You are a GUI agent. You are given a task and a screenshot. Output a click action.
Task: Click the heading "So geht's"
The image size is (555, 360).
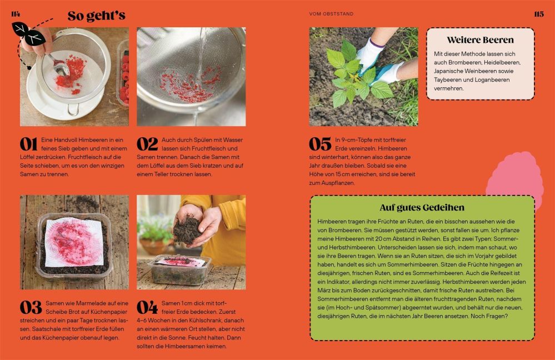[x=96, y=16]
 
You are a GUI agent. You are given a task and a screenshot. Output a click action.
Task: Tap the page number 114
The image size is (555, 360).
[x=16, y=14]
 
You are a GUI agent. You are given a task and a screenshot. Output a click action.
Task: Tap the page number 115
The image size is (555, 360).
[x=539, y=14]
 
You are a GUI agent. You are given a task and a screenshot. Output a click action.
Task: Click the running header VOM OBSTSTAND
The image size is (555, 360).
[x=331, y=14]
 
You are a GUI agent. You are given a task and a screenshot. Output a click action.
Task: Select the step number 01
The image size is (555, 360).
[x=29, y=144]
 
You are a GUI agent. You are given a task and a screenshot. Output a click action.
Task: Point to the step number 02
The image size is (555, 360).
[x=147, y=144]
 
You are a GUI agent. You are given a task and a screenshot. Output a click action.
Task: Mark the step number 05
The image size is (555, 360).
[x=320, y=144]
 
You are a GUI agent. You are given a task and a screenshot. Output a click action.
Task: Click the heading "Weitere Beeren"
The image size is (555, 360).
[x=480, y=40]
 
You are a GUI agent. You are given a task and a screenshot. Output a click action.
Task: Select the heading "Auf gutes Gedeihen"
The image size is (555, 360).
[x=422, y=207]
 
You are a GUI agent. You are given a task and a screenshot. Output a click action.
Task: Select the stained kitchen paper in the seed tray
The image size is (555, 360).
[x=74, y=242]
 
